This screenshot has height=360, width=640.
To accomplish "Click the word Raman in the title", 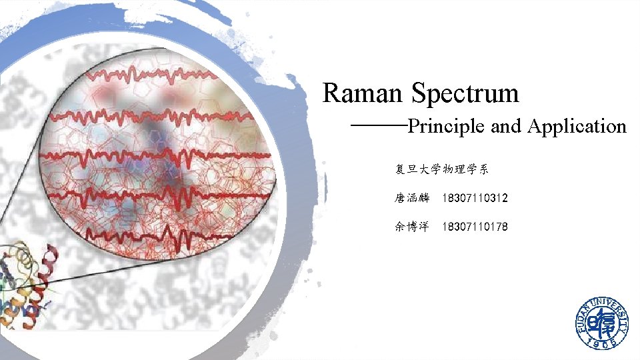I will coord(363,93).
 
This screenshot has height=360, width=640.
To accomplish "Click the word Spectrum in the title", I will coord(465,94).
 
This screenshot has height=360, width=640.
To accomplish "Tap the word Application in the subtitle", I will coord(577,127).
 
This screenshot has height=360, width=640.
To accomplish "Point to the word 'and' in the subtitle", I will coord(505,126).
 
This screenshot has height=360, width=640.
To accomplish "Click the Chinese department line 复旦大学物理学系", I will coord(441,169).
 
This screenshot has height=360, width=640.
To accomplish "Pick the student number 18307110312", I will coord(475,198).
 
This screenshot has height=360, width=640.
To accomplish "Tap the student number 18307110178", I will coord(475,227).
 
